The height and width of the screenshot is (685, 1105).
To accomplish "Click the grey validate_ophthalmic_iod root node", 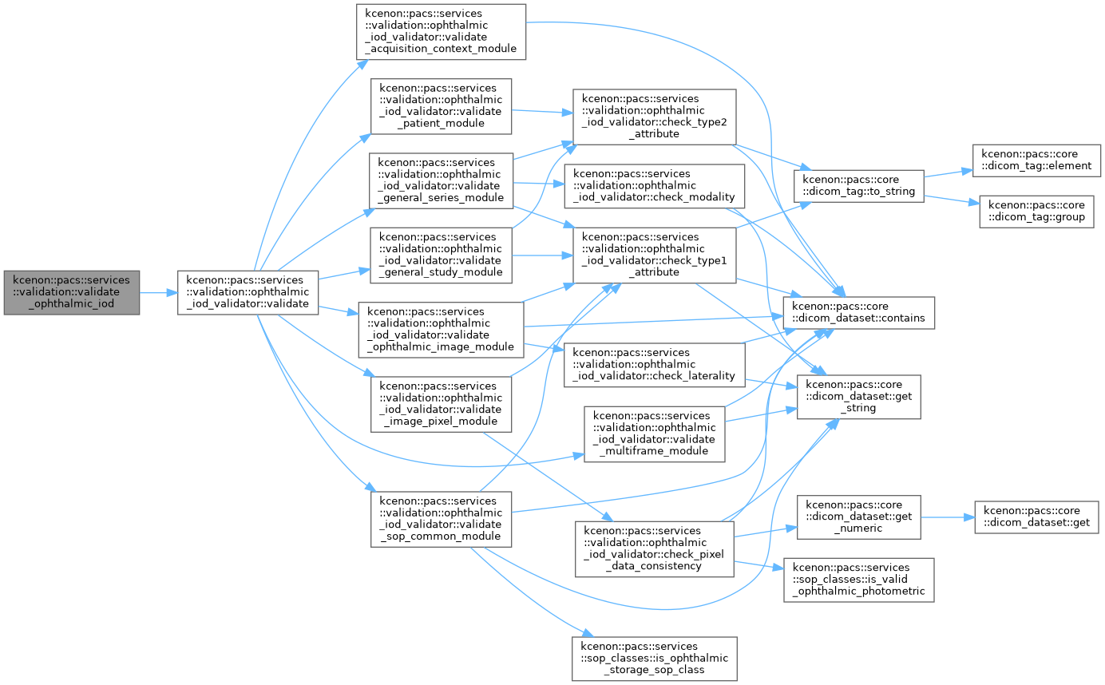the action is tap(72, 292).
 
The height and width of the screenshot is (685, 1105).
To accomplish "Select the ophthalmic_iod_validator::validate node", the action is tap(248, 292).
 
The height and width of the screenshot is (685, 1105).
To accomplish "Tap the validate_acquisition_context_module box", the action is tap(441, 32).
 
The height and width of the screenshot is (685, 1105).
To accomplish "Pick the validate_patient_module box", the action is tap(441, 106).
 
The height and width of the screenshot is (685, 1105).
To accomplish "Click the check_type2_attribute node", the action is tap(654, 117).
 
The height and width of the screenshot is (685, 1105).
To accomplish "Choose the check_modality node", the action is tap(654, 186).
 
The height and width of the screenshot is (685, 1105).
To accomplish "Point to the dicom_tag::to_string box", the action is tap(859, 186).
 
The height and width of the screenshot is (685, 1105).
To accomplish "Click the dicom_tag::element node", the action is tap(1036, 160).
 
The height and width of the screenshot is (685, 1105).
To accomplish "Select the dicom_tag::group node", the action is tap(1036, 212).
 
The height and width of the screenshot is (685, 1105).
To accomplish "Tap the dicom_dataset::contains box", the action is tap(859, 313).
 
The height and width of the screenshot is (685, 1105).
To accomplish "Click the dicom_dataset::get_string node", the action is tap(859, 397).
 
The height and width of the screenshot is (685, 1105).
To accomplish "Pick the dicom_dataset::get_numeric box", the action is tap(859, 517).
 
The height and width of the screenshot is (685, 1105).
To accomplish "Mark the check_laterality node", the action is tap(654, 365).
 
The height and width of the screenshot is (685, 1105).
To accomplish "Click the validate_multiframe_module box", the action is tap(654, 434).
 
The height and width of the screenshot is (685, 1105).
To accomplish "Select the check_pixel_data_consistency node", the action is tap(654, 549).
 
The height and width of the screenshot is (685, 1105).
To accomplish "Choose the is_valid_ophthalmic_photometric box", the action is tap(859, 580).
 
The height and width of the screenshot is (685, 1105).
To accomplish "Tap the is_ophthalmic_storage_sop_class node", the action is tap(654, 659).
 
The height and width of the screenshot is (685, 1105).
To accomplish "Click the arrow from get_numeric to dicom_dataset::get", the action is tap(948, 517).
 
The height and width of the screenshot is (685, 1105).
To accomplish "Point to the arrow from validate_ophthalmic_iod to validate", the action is tap(158, 293).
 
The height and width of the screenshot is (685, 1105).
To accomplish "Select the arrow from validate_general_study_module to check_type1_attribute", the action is tap(542, 255).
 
